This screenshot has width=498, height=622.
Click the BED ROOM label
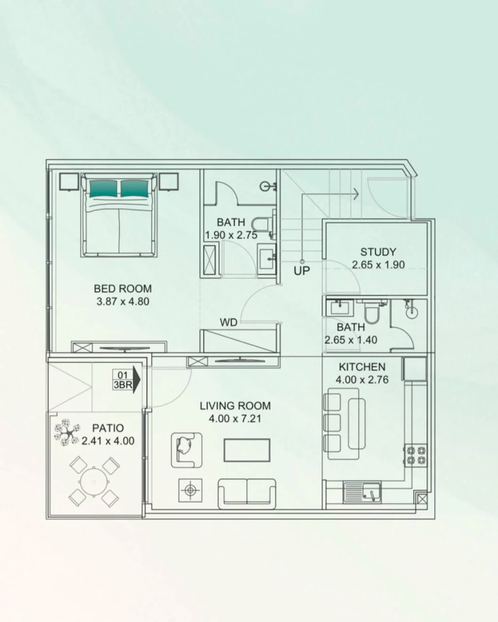click(122, 288)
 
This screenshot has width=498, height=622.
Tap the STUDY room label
click(378, 252)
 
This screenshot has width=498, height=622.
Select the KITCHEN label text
click(362, 367)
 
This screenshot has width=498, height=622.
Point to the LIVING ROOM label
click(235, 406)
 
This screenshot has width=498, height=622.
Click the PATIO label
click(108, 428)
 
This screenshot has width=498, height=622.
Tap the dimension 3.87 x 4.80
click(122, 302)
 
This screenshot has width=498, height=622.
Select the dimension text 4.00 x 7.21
click(235, 419)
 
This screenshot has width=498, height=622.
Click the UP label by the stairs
click(302, 271)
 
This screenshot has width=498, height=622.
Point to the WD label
click(229, 322)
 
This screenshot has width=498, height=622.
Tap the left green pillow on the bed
click(102, 189)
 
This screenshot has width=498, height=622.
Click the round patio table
click(94, 481)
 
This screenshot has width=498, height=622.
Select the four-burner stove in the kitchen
click(416, 454)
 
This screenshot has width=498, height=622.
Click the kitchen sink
click(362, 491)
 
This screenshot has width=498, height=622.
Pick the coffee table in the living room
click(247, 449)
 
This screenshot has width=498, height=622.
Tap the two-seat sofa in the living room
click(247, 493)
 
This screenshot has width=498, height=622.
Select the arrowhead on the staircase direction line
click(355, 194)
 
